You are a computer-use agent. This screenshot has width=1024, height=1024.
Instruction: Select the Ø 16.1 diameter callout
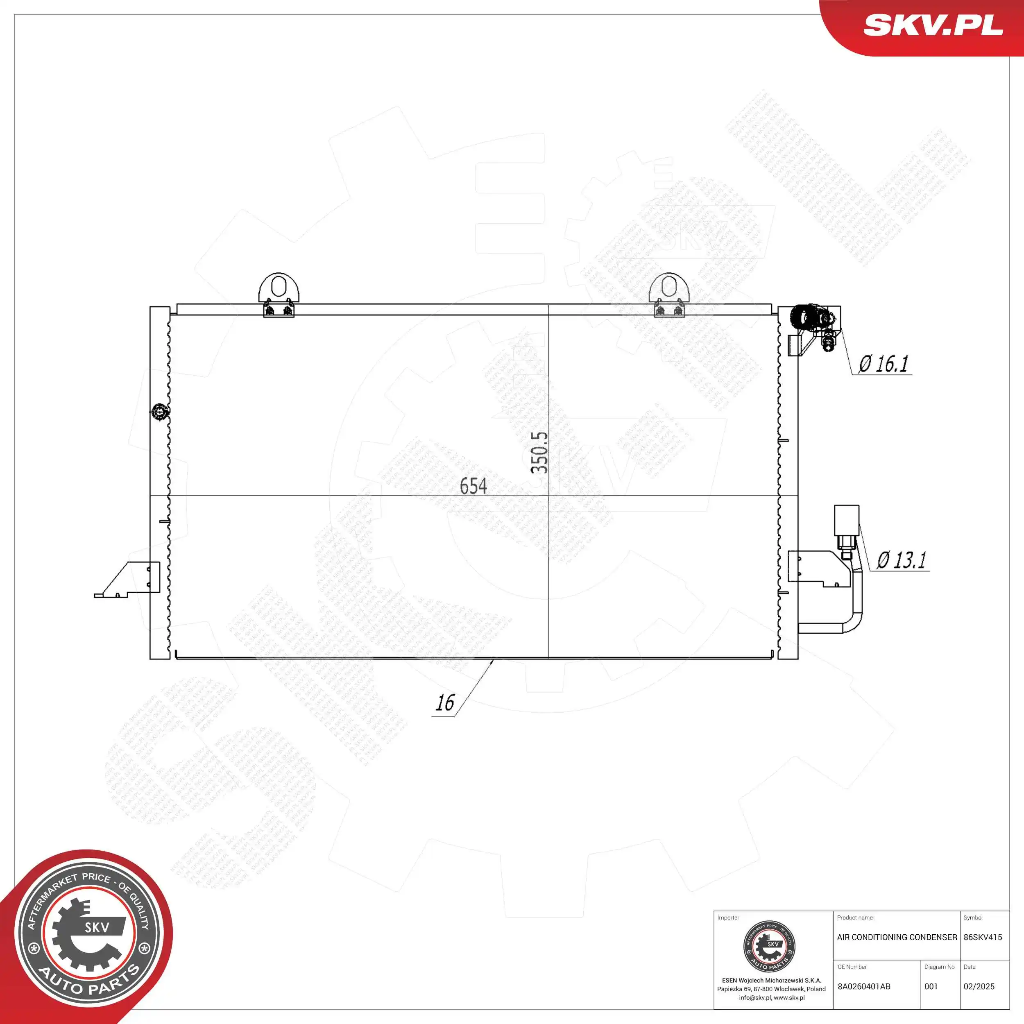883,364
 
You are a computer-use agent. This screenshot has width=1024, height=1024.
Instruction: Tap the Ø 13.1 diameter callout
901,560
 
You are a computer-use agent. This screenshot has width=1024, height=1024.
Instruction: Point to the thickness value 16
445,703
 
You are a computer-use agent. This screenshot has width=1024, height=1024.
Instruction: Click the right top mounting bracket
669,295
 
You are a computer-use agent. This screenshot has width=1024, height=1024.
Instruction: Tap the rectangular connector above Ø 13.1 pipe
847,520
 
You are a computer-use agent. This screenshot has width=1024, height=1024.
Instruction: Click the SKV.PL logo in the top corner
933,25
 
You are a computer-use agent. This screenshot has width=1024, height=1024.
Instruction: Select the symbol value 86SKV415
983,937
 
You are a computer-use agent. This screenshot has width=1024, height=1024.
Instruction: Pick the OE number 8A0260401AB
864,986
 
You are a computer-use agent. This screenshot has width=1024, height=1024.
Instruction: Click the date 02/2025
979,986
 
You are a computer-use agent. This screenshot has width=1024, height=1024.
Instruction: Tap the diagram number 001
931,986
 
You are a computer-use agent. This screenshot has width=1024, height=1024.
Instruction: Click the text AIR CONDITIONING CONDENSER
897,937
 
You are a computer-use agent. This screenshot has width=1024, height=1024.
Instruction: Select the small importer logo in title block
770,947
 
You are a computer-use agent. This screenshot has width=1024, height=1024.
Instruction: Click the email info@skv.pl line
772,997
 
